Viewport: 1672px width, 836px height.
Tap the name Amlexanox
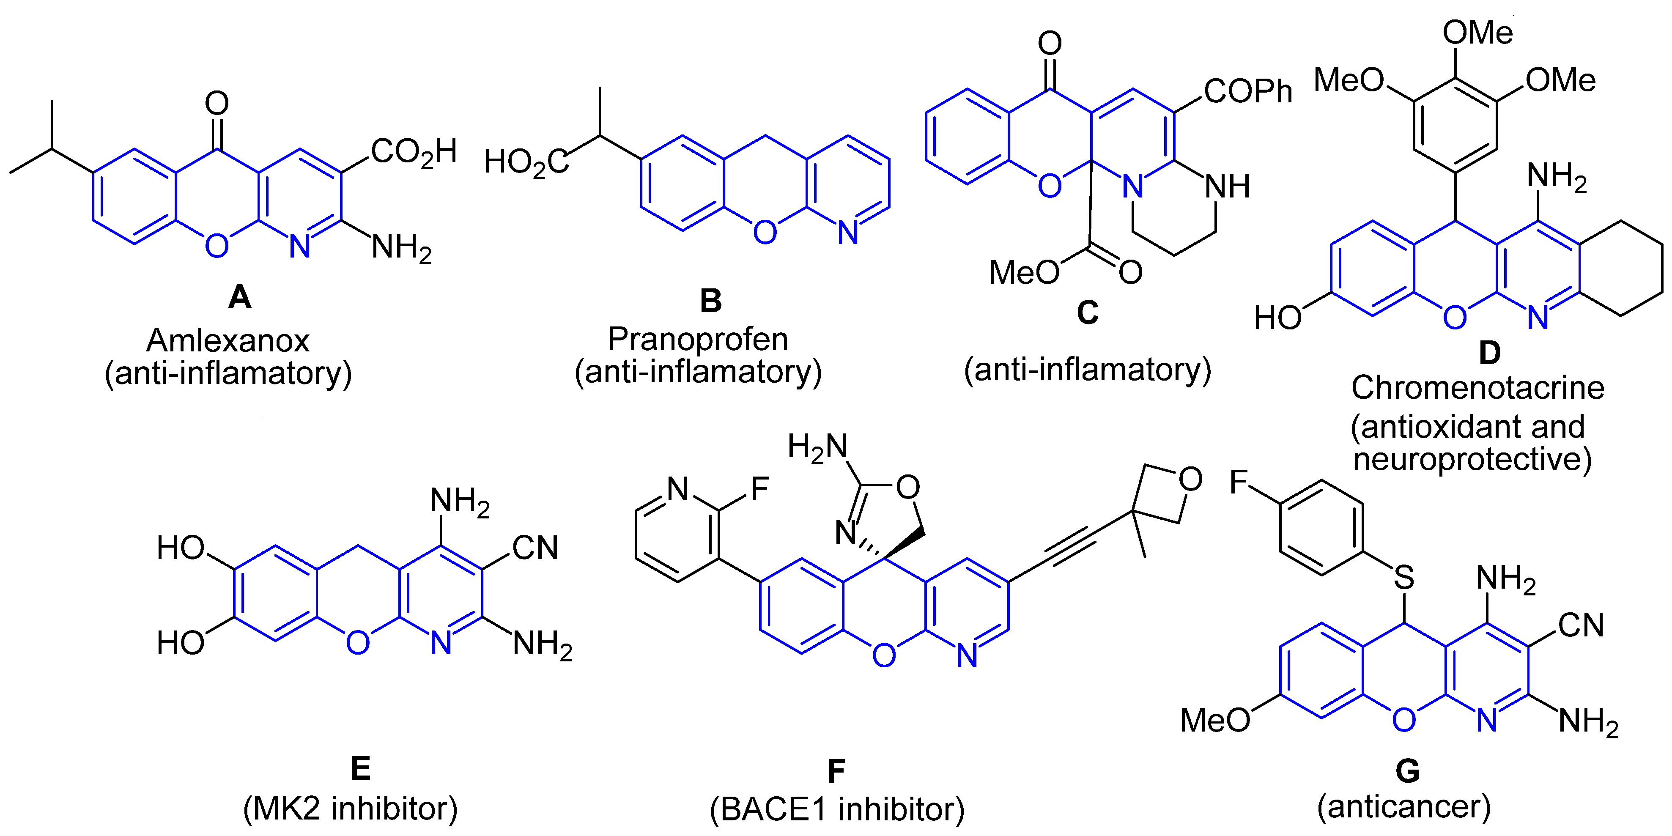(x=228, y=340)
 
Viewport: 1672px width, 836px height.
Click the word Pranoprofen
(x=698, y=339)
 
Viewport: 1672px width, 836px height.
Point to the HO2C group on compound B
(x=526, y=162)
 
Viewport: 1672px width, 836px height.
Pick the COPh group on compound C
(x=1247, y=91)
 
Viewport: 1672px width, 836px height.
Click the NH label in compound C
(x=1227, y=186)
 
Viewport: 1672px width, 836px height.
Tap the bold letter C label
(x=1088, y=313)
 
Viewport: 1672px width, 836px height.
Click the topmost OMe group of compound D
(x=1477, y=33)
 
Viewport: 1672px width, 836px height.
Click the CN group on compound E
(x=535, y=548)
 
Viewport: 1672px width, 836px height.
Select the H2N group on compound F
(x=817, y=447)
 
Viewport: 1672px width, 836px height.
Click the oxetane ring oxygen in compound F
(x=1190, y=480)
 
